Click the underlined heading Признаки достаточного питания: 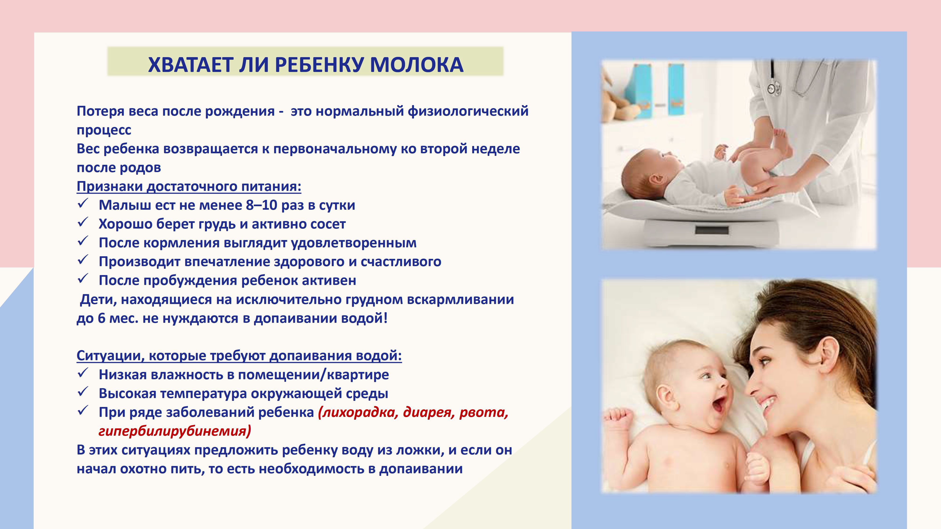point(189,186)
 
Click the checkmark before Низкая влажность point(83,372)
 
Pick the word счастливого point(401,262)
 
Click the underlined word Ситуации point(108,355)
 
